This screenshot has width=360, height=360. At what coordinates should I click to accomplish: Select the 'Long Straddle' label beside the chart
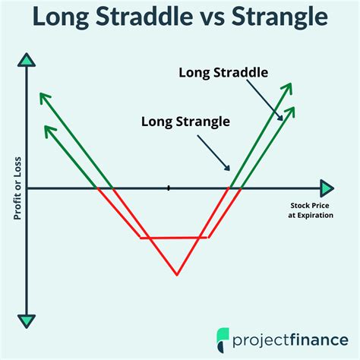[225, 73]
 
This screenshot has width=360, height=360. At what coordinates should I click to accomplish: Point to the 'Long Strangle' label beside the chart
[185, 120]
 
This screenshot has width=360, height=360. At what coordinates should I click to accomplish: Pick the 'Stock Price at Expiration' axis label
[311, 210]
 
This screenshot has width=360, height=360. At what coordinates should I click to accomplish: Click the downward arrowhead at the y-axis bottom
[27, 320]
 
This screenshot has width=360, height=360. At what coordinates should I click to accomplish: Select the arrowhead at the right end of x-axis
[327, 188]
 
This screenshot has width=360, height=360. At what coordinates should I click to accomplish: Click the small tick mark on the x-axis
[169, 188]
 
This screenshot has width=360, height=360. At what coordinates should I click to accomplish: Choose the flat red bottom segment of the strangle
[175, 238]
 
